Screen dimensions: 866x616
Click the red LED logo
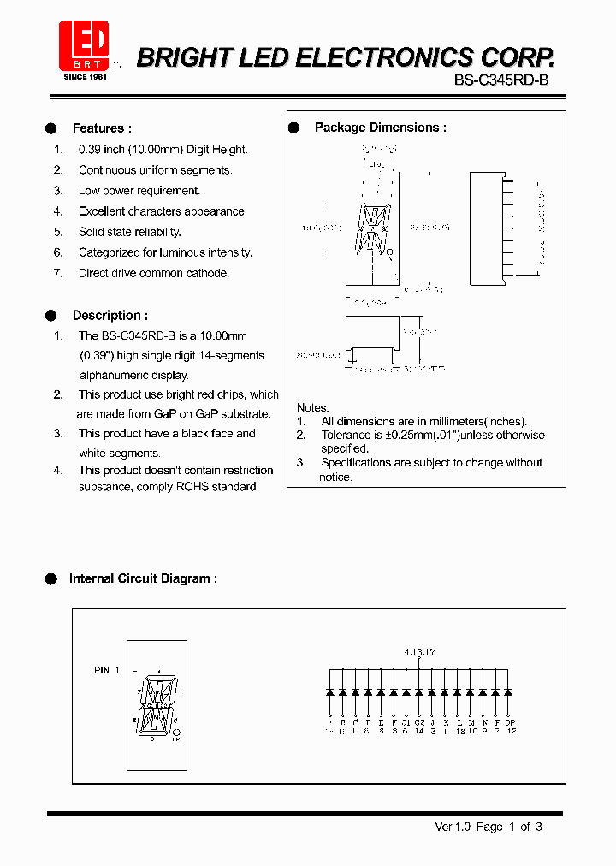click(83, 45)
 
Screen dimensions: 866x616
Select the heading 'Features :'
click(102, 128)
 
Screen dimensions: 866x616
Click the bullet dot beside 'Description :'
click(51, 316)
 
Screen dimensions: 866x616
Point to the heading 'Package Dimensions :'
click(380, 128)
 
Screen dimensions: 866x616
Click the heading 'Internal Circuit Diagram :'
click(143, 578)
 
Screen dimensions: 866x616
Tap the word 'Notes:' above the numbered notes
click(312, 407)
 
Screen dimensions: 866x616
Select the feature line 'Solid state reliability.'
click(129, 232)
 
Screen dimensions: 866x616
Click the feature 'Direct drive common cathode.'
click(154, 273)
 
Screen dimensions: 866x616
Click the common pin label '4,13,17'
click(419, 652)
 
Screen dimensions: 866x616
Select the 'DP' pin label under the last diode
click(510, 723)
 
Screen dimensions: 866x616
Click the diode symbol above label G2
click(419, 691)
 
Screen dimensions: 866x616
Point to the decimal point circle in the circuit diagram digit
click(176, 732)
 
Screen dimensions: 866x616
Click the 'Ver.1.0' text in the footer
click(453, 827)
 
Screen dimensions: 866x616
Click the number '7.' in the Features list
click(58, 273)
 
